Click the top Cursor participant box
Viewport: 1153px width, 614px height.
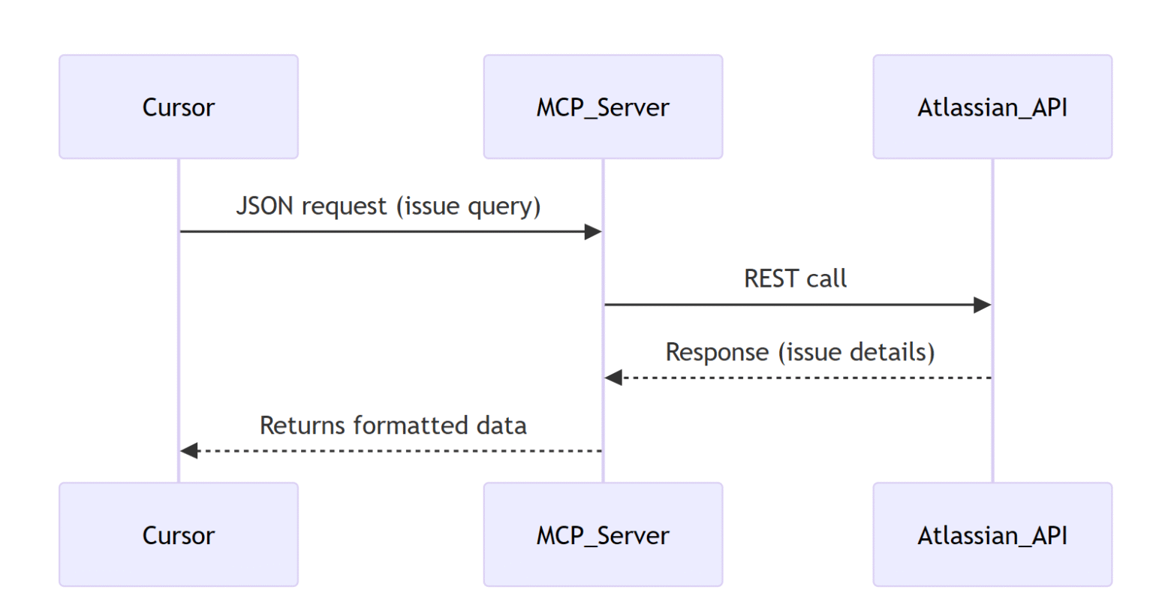(179, 107)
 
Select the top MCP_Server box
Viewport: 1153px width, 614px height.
(603, 107)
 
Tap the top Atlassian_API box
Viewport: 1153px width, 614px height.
(992, 107)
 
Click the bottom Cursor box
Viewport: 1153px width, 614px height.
(179, 534)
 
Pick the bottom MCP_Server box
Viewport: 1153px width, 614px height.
(603, 534)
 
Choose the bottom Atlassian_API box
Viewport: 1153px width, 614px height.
(992, 534)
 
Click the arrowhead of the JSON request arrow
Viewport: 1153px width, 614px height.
(593, 231)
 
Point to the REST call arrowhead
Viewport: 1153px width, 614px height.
(982, 305)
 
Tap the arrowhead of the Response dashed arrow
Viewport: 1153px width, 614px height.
(613, 378)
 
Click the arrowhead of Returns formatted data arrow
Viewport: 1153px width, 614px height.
(189, 450)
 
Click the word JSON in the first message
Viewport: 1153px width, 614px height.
(264, 206)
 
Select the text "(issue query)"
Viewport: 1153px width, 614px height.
(468, 206)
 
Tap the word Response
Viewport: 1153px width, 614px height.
(717, 352)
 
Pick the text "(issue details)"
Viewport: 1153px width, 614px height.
(856, 352)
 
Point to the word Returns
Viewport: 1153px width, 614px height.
(303, 425)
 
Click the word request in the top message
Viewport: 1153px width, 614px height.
(344, 206)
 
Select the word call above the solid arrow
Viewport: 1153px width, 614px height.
(826, 278)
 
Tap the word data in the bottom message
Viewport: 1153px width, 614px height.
(501, 425)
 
